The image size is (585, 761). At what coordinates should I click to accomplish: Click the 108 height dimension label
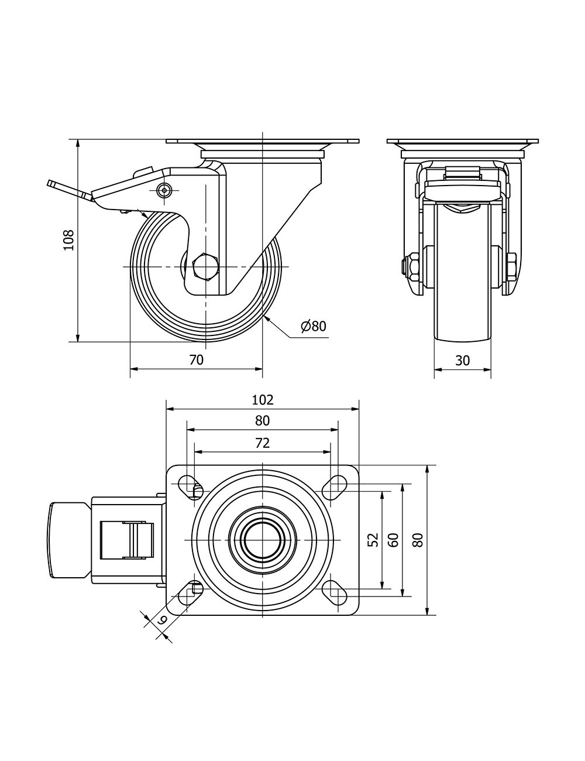[x=69, y=239]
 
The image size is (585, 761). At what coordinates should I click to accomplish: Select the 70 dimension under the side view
[x=197, y=360]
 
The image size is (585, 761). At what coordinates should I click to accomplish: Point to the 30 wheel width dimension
[x=462, y=361]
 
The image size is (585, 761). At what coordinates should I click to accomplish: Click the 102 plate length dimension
[x=263, y=400]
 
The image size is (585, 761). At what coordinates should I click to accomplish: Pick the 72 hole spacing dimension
[x=263, y=443]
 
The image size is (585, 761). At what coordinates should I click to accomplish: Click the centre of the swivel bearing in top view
[x=263, y=539]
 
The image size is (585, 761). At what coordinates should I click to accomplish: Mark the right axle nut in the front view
[x=511, y=266]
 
